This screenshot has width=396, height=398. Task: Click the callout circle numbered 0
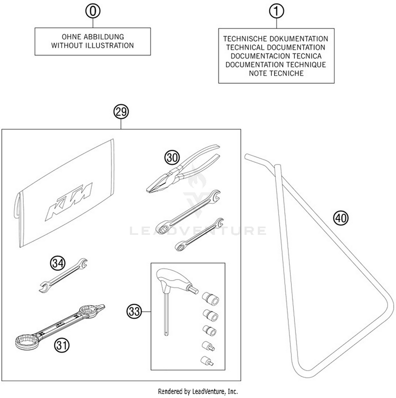93,11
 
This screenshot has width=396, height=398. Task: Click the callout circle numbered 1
276,11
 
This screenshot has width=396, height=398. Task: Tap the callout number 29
121,112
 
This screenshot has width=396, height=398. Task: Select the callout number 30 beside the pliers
172,158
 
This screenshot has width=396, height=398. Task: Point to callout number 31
62,345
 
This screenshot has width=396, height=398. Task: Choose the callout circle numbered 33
134,311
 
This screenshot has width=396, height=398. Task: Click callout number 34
58,263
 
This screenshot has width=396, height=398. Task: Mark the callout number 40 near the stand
341,218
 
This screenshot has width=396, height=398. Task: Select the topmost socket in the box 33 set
210,298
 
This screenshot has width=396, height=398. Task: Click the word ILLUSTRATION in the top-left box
109,45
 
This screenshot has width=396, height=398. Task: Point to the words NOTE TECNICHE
276,73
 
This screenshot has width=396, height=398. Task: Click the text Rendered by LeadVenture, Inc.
198,391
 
